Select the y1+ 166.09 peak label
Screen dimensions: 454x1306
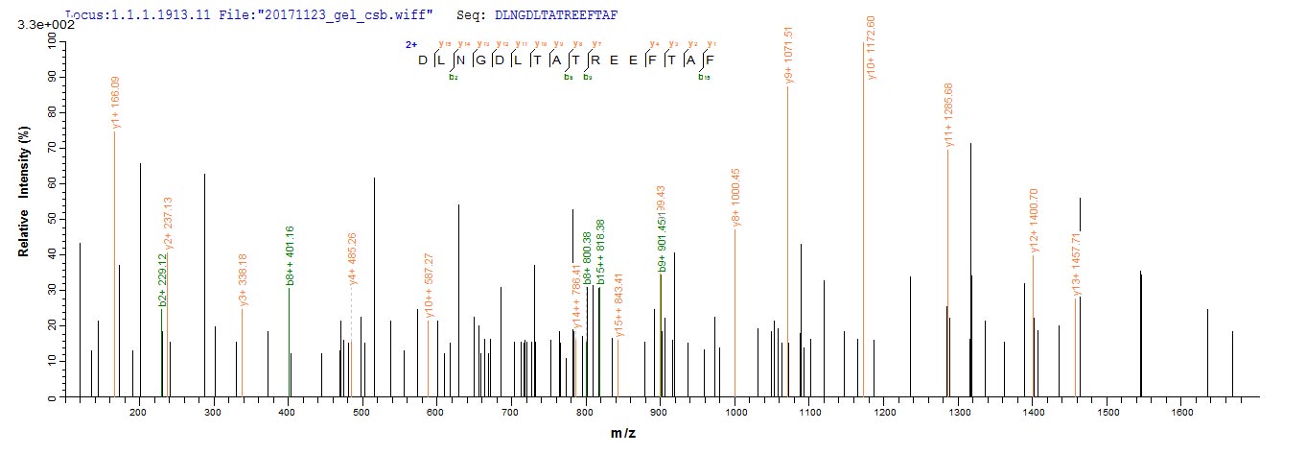pos(116,102)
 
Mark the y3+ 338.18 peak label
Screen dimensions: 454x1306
pos(244,280)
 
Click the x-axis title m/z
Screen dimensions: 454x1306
pos(624,434)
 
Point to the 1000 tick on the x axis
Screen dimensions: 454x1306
pos(735,412)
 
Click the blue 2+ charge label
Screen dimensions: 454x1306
pos(411,44)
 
